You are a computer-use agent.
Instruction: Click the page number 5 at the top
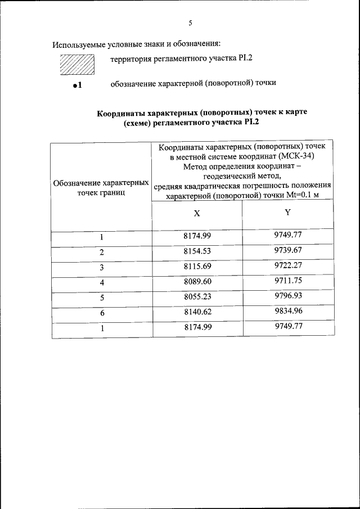[190, 24]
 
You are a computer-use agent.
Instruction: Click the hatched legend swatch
[76, 64]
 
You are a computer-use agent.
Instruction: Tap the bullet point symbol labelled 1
[78, 85]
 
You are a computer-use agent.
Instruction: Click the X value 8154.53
[197, 251]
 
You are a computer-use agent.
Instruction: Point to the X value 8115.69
[197, 266]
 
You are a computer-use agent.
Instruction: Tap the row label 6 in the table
[102, 313]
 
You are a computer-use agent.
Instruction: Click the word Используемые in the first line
[78, 44]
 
